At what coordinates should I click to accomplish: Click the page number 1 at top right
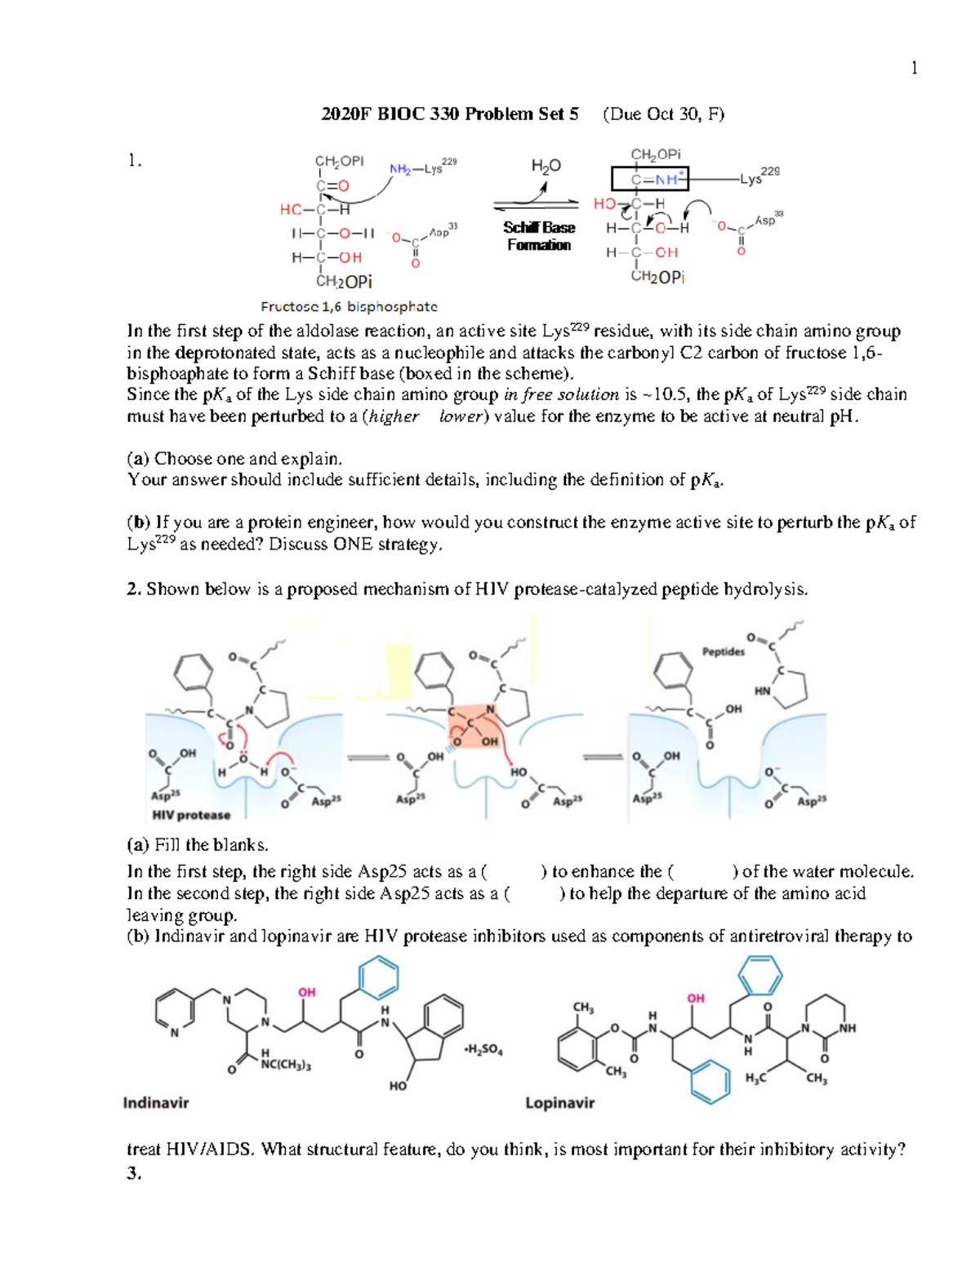click(914, 69)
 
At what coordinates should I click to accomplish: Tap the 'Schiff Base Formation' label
click(539, 236)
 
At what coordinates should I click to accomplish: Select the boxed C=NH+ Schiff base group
click(650, 179)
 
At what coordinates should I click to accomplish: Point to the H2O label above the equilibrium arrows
click(546, 167)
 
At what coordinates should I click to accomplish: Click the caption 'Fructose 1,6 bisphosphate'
click(349, 307)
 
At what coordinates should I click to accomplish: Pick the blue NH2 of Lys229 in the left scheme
click(400, 170)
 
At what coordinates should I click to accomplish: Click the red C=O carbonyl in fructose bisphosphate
click(333, 186)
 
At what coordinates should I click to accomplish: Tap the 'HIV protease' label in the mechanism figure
click(191, 815)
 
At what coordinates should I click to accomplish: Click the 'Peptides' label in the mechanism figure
click(724, 652)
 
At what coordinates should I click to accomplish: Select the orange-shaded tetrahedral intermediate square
click(474, 727)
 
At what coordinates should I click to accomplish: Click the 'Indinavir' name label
click(156, 1103)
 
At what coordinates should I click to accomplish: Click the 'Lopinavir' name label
click(559, 1103)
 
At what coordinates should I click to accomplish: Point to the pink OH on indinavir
click(307, 992)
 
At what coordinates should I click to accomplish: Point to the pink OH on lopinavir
click(696, 998)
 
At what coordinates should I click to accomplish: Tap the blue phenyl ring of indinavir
click(378, 977)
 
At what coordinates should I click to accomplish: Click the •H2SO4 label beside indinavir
click(483, 1050)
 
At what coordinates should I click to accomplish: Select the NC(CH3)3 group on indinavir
click(285, 1065)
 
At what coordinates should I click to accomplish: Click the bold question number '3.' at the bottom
click(134, 1174)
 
